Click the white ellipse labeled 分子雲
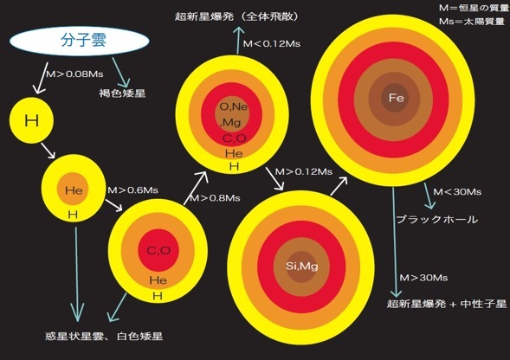click(80, 41)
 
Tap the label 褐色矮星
click(122, 93)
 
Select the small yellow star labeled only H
click(31, 120)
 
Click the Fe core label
click(397, 98)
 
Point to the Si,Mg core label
click(302, 267)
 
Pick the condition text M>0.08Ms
click(74, 74)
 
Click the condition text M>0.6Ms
click(133, 190)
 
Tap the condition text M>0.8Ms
click(215, 197)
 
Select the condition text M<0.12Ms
click(272, 43)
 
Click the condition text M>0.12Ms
click(304, 171)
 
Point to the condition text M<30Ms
click(457, 192)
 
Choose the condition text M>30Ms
click(423, 278)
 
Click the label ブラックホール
click(437, 220)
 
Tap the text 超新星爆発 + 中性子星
click(447, 304)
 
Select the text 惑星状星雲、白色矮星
click(104, 336)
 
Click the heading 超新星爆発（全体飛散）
click(236, 16)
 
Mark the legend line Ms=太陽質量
click(472, 22)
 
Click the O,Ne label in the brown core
click(234, 106)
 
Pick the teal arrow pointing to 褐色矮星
click(121, 73)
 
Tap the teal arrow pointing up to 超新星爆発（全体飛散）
click(239, 40)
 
